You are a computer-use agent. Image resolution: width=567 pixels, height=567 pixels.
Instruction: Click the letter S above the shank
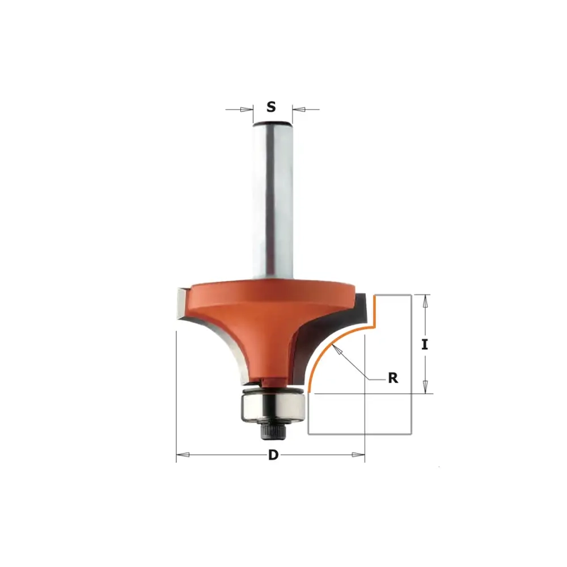pos(271,107)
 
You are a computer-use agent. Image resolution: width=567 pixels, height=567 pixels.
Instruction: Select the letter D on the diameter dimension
pos(273,455)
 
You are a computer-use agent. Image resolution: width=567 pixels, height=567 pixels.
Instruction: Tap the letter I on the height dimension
pos(425,345)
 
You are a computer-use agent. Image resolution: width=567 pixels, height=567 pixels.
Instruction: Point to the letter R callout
pos(393,378)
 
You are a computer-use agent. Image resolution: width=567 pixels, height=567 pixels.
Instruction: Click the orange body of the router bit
pos(268,318)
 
